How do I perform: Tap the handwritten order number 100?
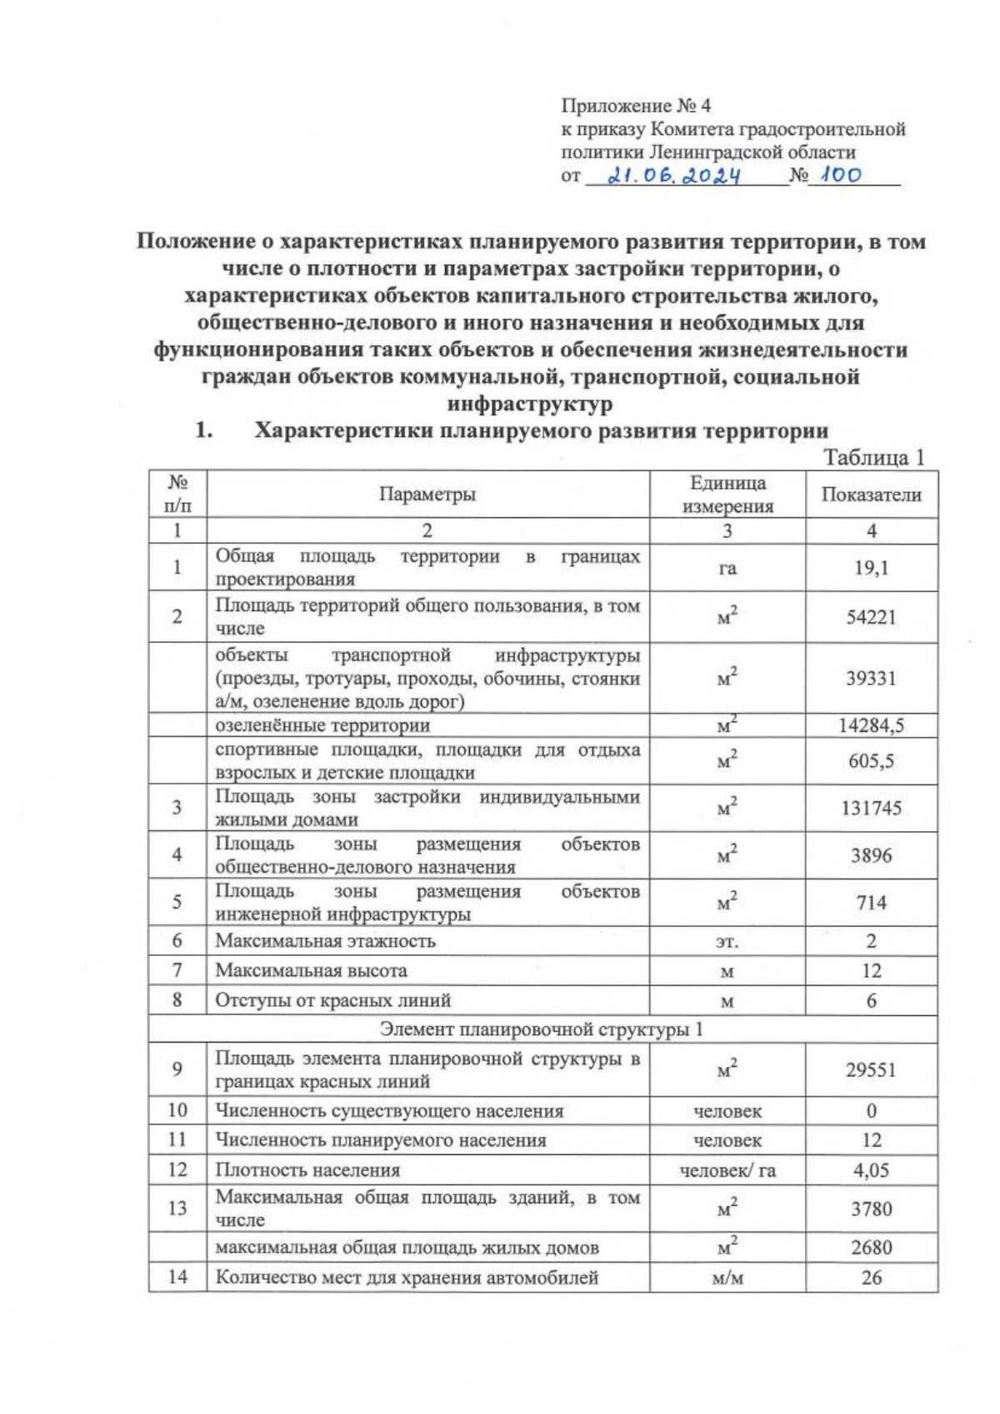840,175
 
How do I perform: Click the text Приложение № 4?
636,106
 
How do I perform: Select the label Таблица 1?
874,457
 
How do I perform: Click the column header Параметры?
427,495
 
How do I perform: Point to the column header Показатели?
871,495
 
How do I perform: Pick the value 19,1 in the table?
871,568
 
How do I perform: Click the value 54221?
871,617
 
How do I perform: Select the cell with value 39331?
871,678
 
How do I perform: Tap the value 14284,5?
871,725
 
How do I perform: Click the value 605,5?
871,761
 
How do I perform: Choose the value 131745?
871,808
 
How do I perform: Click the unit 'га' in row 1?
727,569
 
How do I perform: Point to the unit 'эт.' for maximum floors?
727,942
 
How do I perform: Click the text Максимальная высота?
311,970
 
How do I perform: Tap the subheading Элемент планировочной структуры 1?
542,1029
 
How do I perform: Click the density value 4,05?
871,1170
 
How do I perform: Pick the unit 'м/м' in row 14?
727,1277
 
